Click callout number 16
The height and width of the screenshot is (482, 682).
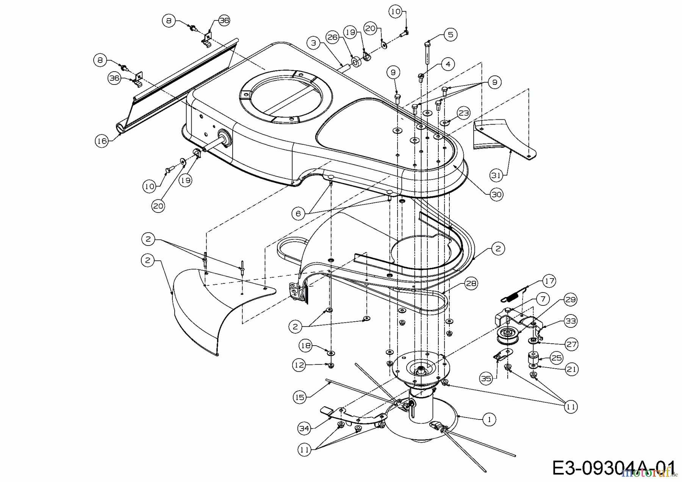101,141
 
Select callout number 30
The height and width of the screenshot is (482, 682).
496,195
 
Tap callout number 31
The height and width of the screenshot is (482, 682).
496,175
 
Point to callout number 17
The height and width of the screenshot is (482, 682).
549,281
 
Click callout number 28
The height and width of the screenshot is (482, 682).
471,283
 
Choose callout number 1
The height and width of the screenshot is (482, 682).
489,419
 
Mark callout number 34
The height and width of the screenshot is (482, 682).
304,429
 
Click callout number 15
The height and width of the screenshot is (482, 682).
300,397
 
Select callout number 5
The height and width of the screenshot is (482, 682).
450,35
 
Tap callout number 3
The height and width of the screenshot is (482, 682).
313,43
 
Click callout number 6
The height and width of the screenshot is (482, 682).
298,214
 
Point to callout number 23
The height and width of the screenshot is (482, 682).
464,113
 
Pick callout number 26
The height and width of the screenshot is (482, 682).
332,37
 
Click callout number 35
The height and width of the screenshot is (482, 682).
486,378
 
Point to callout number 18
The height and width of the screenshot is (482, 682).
306,345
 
